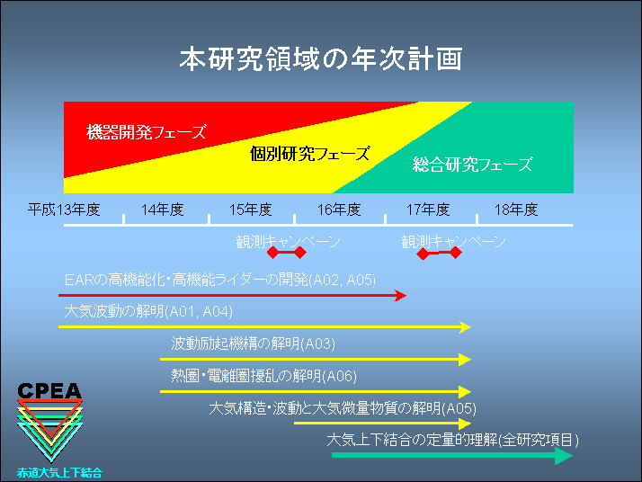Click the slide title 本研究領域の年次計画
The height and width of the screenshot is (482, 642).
pos(321,58)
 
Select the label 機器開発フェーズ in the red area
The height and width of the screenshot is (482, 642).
pos(147,132)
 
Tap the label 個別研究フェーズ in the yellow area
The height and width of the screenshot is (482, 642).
pos(310,154)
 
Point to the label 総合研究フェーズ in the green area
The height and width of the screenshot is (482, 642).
pos(472,165)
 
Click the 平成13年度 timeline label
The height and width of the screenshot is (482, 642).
pos(64,210)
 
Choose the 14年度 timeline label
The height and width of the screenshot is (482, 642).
pos(162,210)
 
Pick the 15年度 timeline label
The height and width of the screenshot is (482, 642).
pos(250,210)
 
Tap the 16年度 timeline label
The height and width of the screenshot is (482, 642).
pos(339,210)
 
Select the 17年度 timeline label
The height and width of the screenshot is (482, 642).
pos(428,210)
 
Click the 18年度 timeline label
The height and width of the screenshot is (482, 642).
pos(516,210)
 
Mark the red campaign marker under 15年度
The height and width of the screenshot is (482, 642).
pos(286,253)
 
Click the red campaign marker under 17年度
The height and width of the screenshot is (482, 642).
pos(439,253)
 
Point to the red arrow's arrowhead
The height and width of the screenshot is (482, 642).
pos(400,295)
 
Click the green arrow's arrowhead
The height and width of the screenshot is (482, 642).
pos(564,455)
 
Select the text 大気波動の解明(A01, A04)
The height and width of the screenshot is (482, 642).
pos(148,312)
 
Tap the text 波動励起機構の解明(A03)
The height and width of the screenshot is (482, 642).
pos(253,344)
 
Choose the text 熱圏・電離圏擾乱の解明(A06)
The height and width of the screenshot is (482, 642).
pos(263,376)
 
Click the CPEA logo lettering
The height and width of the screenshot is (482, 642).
pos(49,391)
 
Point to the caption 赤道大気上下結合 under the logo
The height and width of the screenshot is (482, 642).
pos(59,473)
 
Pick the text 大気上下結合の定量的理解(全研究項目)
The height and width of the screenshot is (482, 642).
pos(453,441)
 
